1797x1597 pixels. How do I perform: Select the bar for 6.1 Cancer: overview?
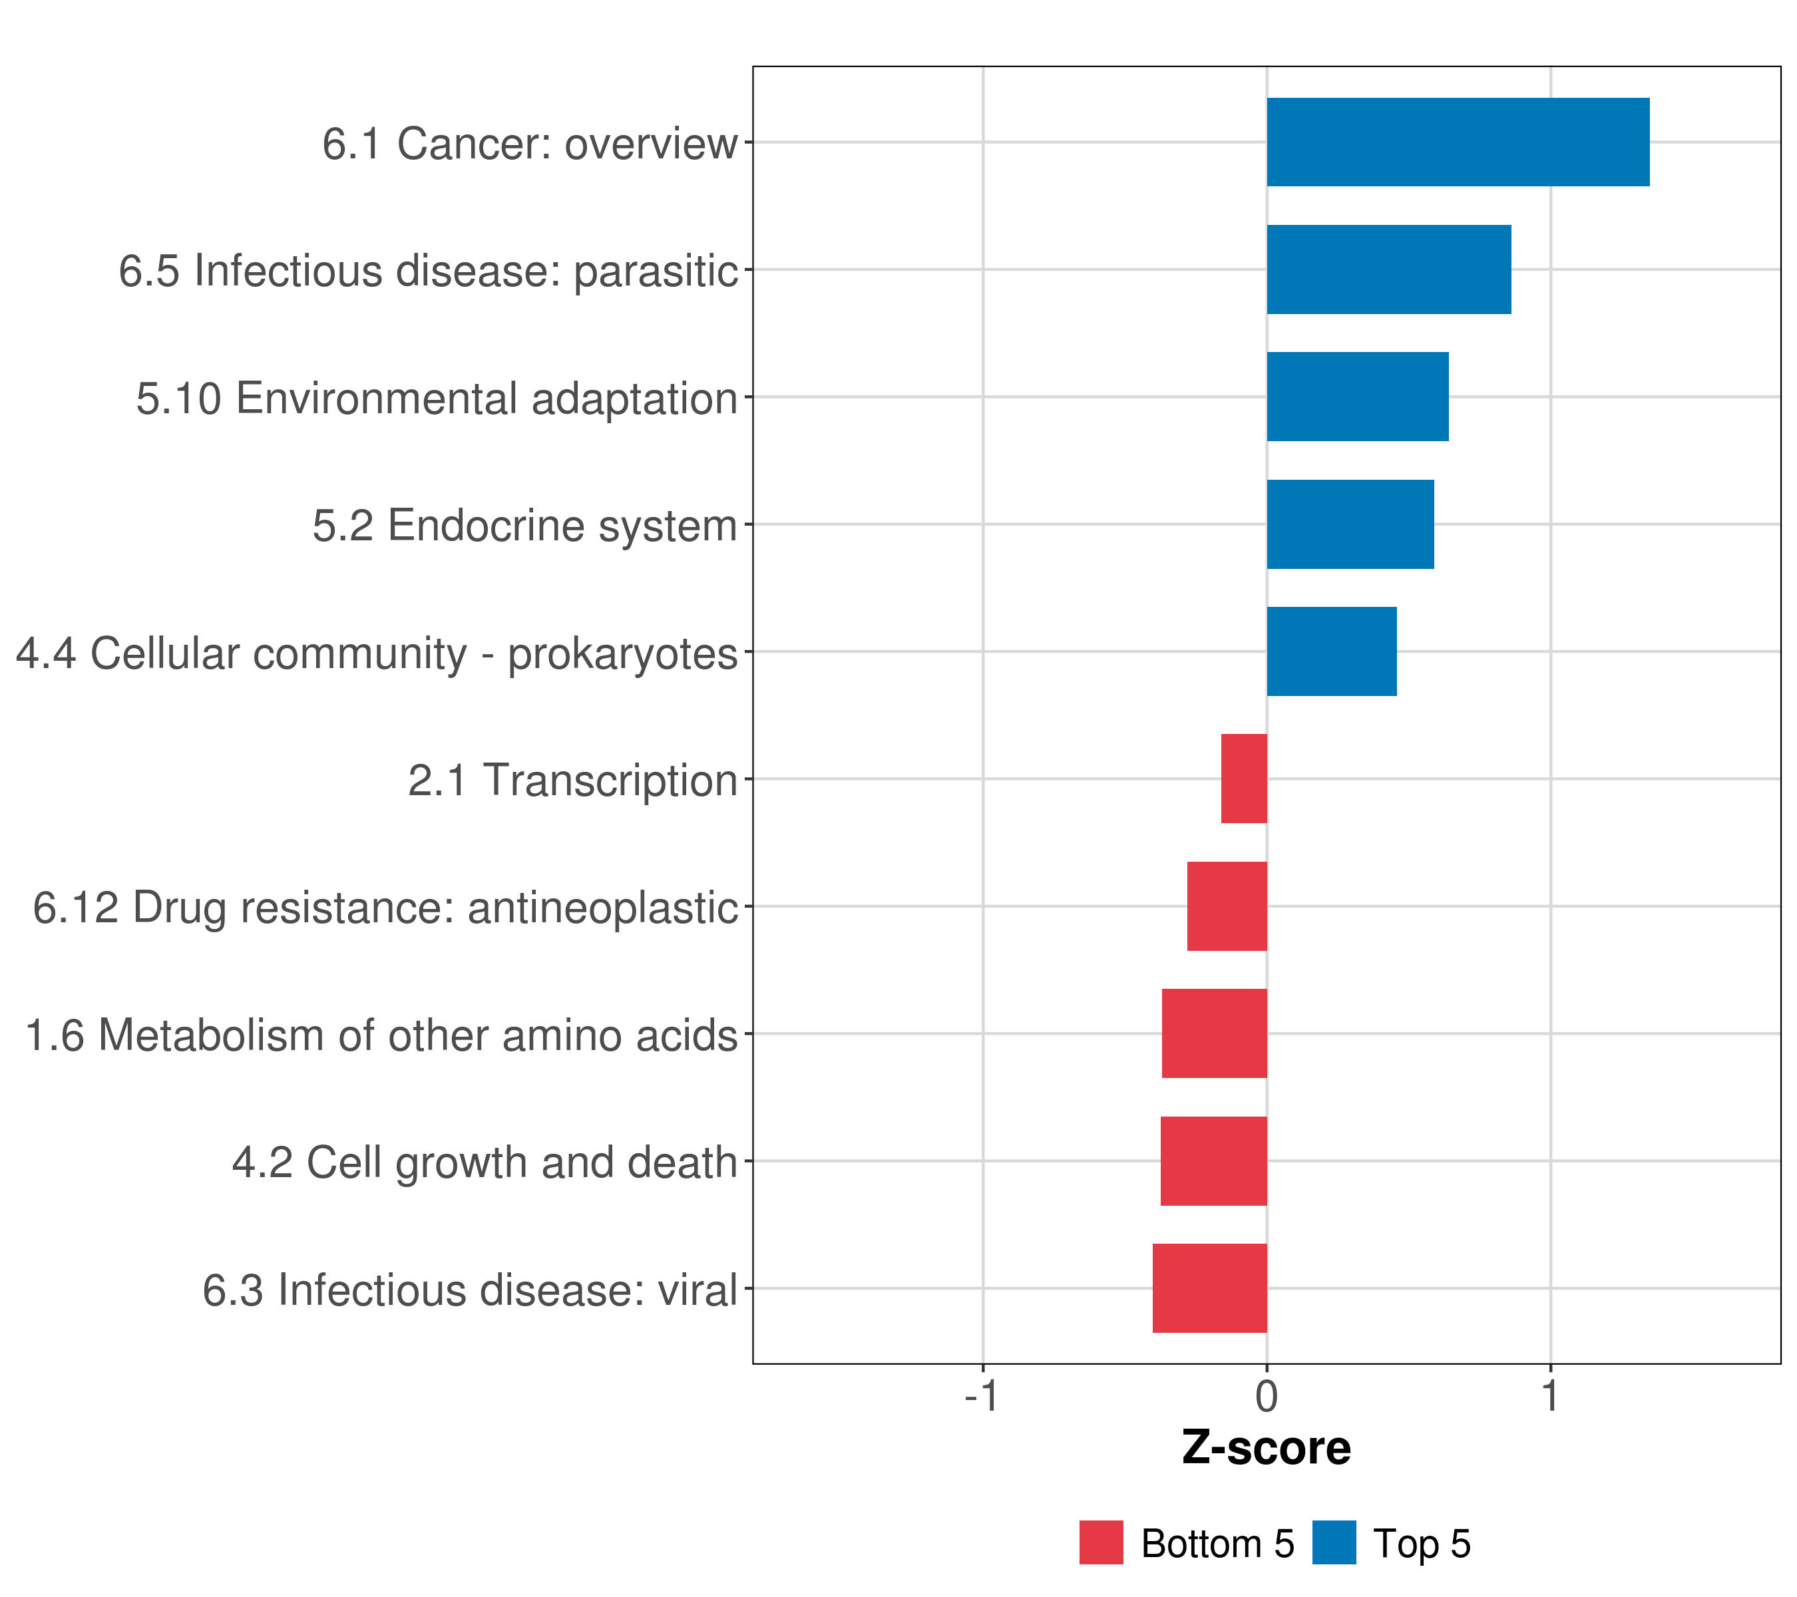point(1457,142)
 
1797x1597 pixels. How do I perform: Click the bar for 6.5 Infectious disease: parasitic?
point(1388,270)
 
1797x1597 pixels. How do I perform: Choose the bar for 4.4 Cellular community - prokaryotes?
point(1331,651)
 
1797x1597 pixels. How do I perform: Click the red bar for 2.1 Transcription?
point(1243,779)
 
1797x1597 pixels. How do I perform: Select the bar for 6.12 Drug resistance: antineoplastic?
point(1227,906)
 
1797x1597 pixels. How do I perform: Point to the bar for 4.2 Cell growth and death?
point(1213,1161)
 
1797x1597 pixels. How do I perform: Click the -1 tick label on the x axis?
point(981,1397)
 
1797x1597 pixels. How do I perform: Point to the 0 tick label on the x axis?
point(1266,1397)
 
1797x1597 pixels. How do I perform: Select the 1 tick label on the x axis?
point(1550,1397)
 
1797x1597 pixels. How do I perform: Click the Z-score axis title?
point(1266,1449)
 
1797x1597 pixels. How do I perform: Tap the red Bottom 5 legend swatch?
point(1101,1542)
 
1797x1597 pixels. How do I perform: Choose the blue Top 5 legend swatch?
point(1334,1542)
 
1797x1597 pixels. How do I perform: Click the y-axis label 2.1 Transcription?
point(572,781)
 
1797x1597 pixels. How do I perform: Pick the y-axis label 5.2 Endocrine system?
point(525,526)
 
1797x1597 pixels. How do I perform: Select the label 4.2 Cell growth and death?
point(485,1162)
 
